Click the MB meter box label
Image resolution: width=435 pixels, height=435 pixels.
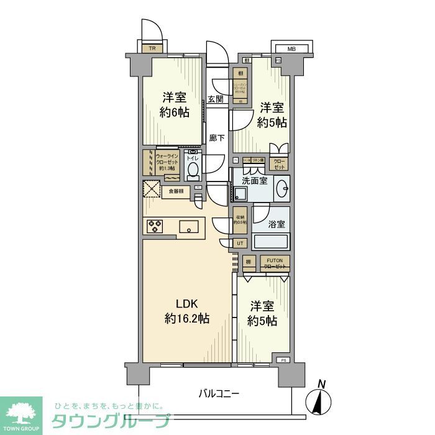(x=291, y=48)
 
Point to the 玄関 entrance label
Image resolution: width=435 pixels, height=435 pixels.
(x=215, y=99)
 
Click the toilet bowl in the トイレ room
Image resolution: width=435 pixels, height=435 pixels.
(x=194, y=168)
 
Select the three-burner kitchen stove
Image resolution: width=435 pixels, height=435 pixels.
(x=155, y=227)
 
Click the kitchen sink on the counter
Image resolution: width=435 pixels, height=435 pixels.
(x=189, y=228)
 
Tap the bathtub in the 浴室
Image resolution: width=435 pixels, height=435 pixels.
(x=272, y=242)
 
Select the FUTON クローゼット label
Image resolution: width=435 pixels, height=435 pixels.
(x=274, y=263)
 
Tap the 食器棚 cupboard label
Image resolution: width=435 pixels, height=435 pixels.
(x=175, y=191)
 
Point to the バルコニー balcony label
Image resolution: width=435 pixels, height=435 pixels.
(x=219, y=393)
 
